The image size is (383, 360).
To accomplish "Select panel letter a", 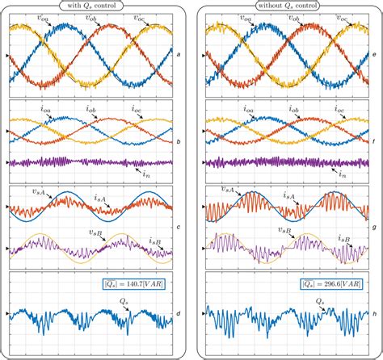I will point(178,54).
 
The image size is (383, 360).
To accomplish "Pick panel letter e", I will point(377,54).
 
